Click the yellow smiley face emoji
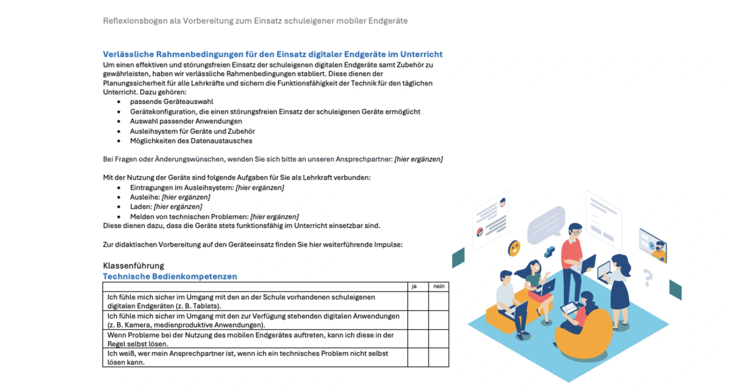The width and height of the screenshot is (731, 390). [514, 248]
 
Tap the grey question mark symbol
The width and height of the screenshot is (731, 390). [647, 277]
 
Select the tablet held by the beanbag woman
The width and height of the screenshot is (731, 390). [569, 307]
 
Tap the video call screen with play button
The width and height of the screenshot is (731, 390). [652, 244]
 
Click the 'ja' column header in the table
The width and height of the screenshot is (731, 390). [414, 287]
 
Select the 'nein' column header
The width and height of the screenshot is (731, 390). [439, 287]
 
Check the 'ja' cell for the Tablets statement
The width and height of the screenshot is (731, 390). [418, 301]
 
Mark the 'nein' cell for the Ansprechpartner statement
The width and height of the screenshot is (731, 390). [439, 358]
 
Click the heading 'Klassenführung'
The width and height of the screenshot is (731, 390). [134, 266]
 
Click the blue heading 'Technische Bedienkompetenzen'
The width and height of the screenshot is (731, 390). [170, 276]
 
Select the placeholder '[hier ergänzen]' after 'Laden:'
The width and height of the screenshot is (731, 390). [178, 207]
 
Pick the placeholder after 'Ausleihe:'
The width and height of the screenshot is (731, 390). [186, 197]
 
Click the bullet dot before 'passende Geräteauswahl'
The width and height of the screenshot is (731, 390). [119, 102]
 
